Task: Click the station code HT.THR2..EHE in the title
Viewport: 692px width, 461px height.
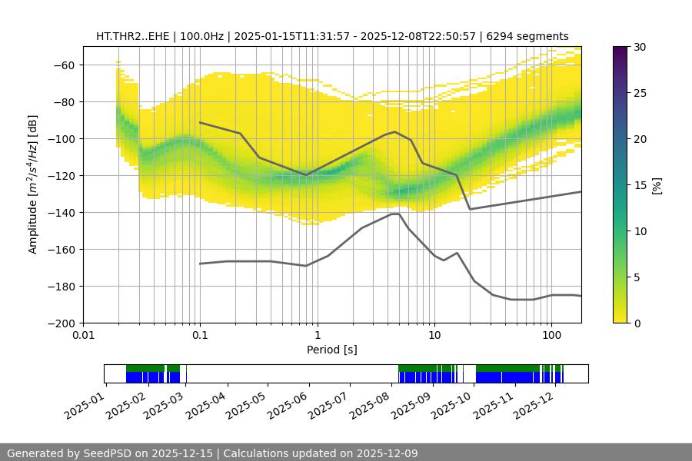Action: click(131, 36)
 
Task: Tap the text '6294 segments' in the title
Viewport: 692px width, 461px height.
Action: click(533, 36)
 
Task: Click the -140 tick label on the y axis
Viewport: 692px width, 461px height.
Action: click(60, 212)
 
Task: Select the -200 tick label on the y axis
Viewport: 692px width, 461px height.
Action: click(60, 323)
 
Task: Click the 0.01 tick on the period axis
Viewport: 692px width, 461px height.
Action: click(83, 335)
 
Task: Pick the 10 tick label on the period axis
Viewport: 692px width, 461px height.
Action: click(434, 335)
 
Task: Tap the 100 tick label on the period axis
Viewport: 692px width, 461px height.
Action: click(551, 335)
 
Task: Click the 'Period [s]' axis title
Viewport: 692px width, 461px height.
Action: click(332, 350)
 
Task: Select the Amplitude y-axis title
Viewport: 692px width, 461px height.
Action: click(32, 184)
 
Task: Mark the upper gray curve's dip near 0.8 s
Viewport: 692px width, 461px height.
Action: click(305, 175)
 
